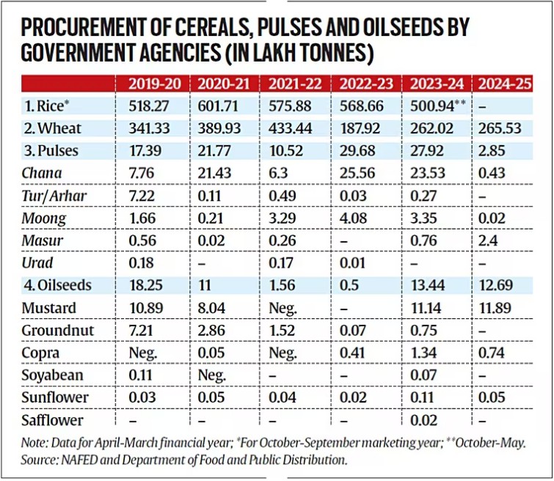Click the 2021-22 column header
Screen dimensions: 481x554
click(294, 84)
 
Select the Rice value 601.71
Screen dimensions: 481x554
click(219, 106)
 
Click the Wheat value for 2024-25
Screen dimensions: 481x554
click(497, 129)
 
